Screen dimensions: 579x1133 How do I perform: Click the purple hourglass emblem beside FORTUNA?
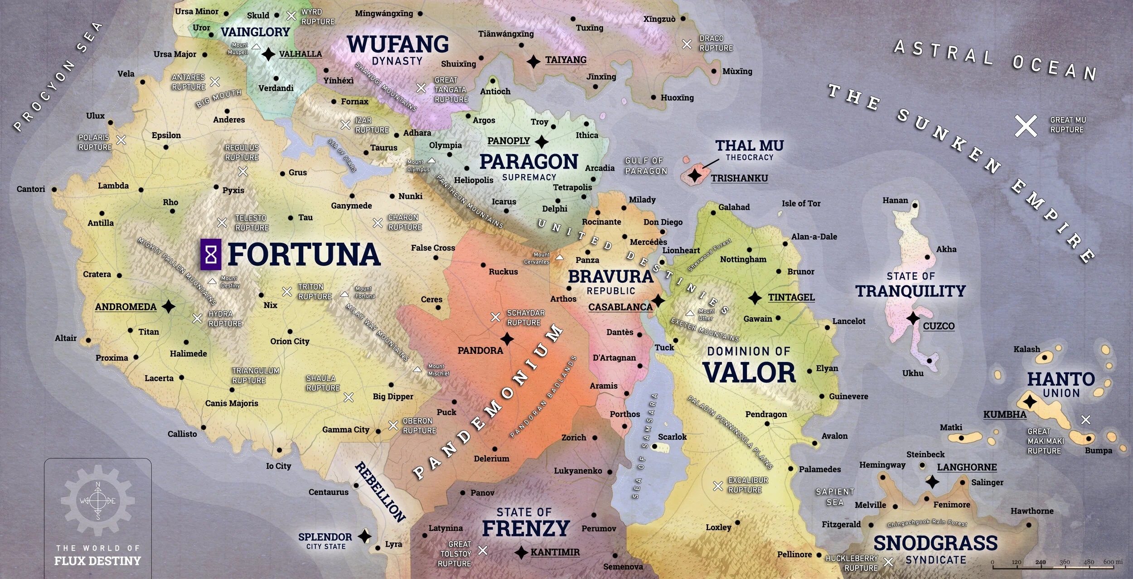[x=211, y=255]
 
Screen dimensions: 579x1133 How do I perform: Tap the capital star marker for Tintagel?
[x=755, y=298]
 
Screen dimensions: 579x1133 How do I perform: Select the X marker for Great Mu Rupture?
[x=1026, y=125]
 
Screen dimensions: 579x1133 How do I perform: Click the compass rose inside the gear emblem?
[x=98, y=501]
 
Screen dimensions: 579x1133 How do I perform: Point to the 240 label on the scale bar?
[x=1041, y=562]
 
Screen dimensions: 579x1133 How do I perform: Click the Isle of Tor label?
[x=801, y=203]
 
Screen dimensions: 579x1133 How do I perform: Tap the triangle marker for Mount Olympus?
[x=432, y=160]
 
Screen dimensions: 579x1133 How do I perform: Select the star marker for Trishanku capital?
[x=695, y=175]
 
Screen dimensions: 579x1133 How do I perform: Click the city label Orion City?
[x=290, y=341]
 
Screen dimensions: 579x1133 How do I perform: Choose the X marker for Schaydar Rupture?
[x=495, y=317]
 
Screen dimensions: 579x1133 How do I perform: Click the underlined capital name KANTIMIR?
[x=555, y=552]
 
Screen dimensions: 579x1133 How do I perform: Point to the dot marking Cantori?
[x=54, y=189]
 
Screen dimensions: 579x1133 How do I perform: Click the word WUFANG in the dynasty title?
[x=398, y=44]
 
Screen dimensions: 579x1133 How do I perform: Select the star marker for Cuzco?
[x=913, y=318]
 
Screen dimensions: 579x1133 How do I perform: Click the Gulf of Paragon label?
[x=646, y=166]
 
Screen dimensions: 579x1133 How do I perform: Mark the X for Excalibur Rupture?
[x=718, y=486]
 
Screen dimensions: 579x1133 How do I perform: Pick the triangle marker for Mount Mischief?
[x=417, y=370]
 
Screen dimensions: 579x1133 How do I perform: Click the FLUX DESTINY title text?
[x=97, y=561]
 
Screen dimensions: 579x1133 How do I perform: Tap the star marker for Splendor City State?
[x=365, y=536]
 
